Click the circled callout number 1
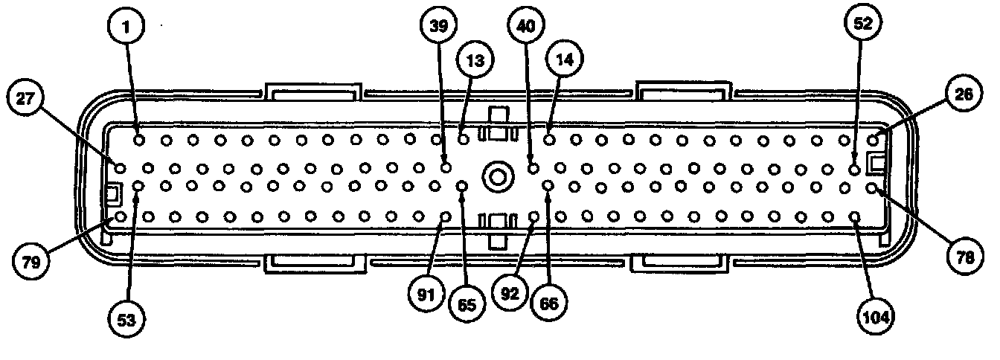pos(127,29)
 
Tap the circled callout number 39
pos(439,27)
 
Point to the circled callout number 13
pos(475,60)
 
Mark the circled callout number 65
pos(467,303)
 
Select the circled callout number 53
pos(127,321)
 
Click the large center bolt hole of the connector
pos(496,177)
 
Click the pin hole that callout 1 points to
pos(139,138)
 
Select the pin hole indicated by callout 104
pos(855,216)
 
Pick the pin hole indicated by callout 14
pos(549,138)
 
